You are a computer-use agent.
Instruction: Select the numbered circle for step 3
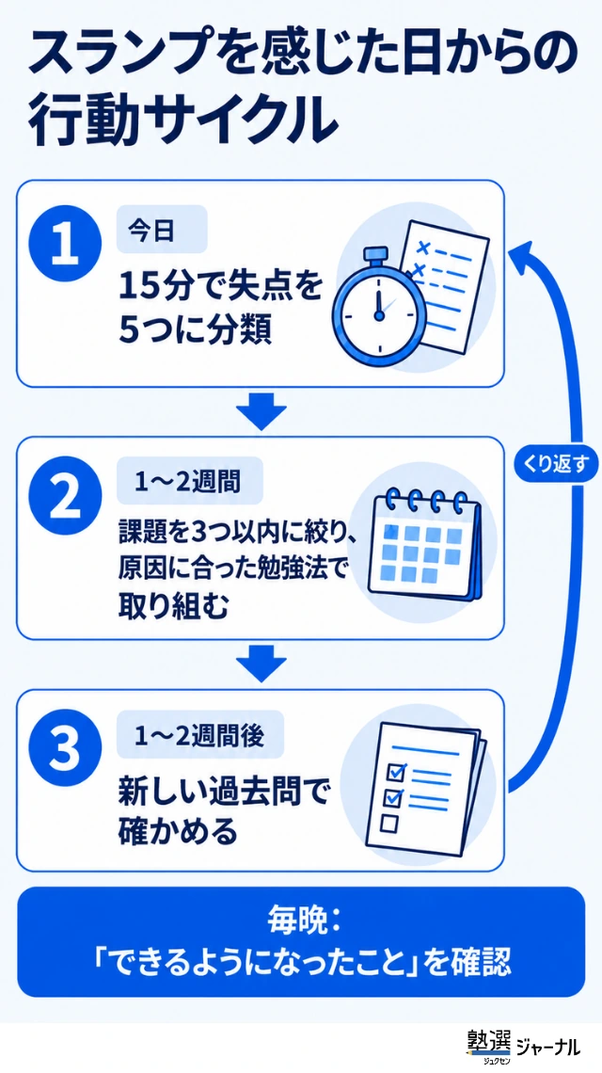67,751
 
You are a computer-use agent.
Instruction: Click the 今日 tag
162,230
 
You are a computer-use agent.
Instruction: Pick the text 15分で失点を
219,287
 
